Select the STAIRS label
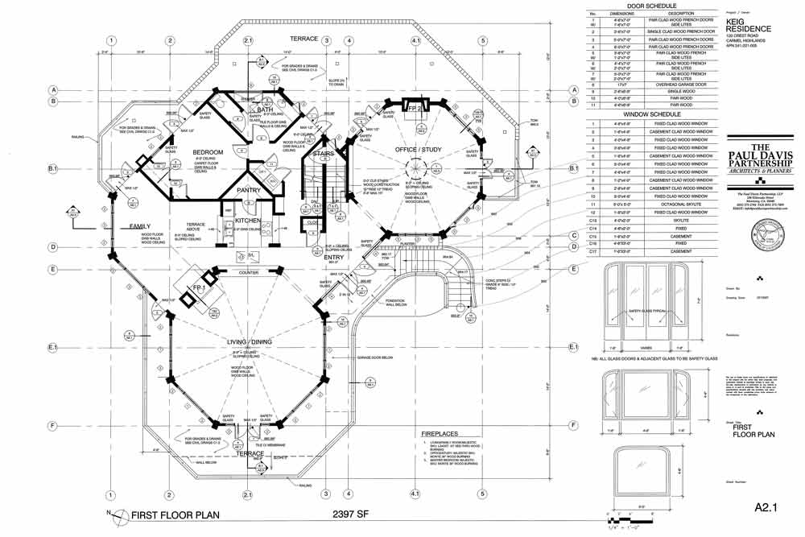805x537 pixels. click(323, 152)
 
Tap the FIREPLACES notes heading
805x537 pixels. click(441, 433)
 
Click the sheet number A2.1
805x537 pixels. click(767, 508)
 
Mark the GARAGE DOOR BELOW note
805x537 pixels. click(373, 357)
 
